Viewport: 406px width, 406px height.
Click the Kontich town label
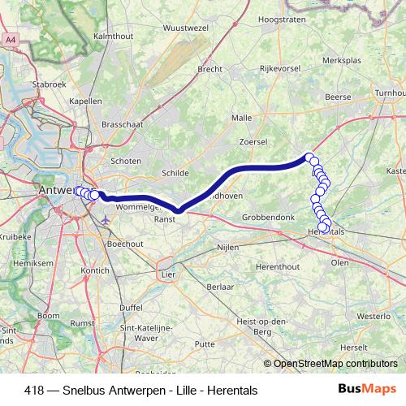tap(95, 270)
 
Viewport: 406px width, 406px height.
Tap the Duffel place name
tap(132, 308)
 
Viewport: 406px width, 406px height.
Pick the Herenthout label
tap(278, 267)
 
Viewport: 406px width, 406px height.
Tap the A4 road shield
tap(11, 39)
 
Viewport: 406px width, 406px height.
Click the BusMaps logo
tap(367, 389)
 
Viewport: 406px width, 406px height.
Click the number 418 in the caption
tap(35, 390)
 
